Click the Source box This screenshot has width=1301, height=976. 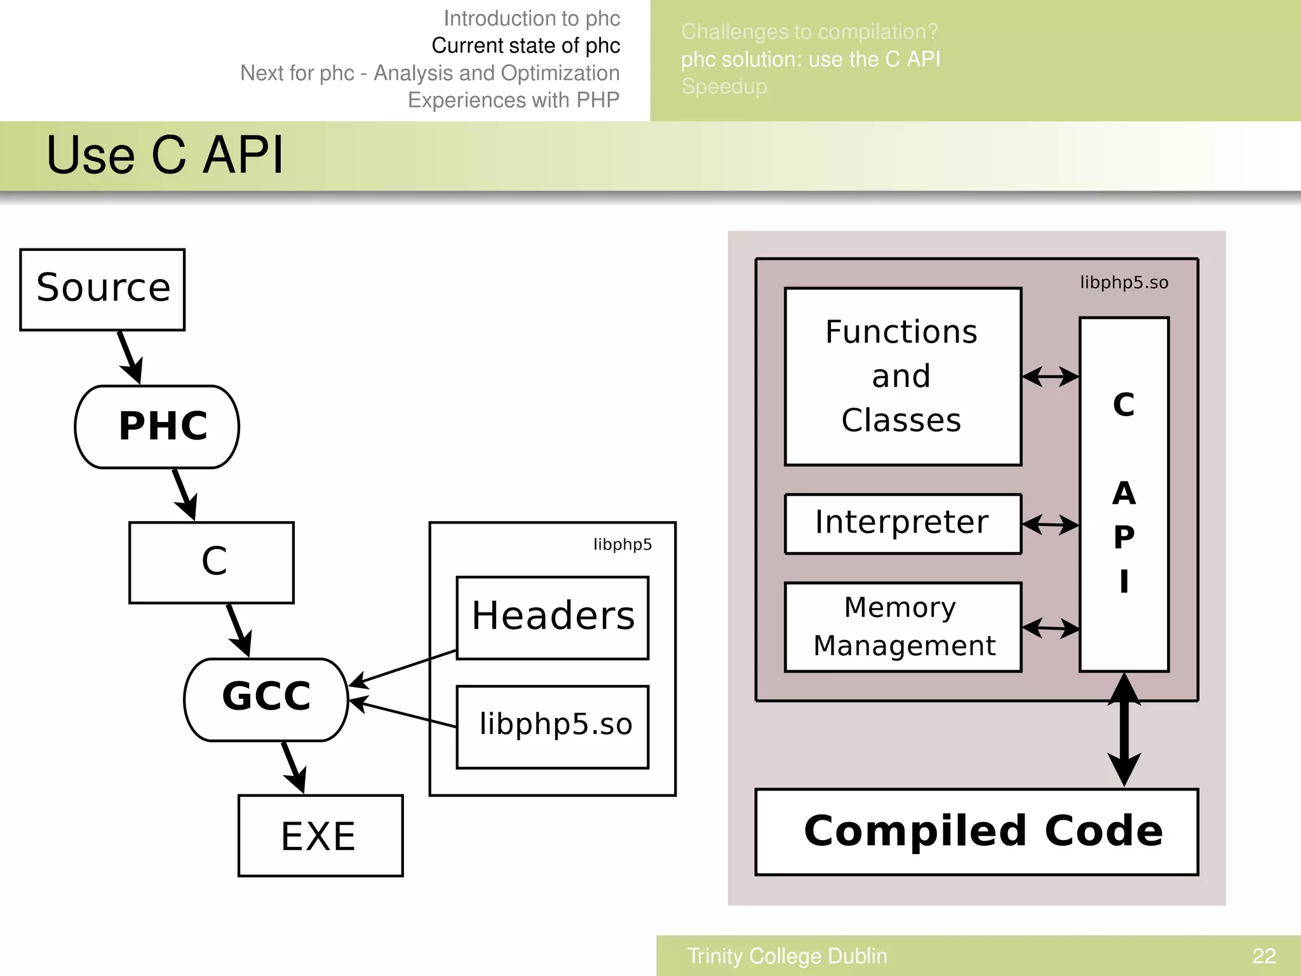click(x=102, y=289)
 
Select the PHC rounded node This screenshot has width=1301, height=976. click(x=157, y=426)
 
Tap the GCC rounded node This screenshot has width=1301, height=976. click(x=266, y=699)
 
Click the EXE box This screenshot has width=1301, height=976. click(x=320, y=836)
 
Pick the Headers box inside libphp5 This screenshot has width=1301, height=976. click(x=552, y=618)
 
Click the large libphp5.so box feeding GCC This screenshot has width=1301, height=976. click(x=552, y=726)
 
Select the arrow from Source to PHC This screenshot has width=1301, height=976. click(x=130, y=356)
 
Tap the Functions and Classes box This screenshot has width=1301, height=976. click(x=902, y=376)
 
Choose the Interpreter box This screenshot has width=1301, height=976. click(x=902, y=524)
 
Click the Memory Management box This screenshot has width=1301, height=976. click(x=902, y=627)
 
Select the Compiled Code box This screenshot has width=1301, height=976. click(x=976, y=832)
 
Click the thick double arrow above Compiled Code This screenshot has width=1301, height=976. click(x=1124, y=731)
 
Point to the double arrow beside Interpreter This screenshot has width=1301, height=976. click(x=1051, y=525)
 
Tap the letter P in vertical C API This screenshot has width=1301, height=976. click(x=1124, y=538)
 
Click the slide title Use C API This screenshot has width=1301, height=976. click(x=165, y=156)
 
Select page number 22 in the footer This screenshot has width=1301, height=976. click(x=1264, y=956)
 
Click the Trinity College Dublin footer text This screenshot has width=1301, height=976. click(x=787, y=956)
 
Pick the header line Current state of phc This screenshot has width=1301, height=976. click(x=525, y=46)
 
